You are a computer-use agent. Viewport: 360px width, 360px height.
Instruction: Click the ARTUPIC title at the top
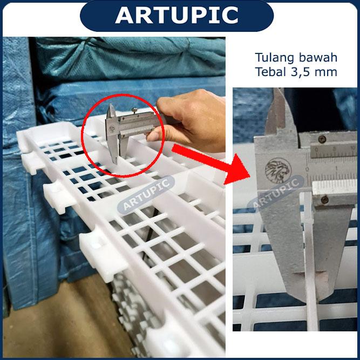click(x=176, y=15)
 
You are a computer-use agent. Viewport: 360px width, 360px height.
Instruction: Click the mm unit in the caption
click(x=326, y=73)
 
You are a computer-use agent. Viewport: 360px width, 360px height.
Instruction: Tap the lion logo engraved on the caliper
click(x=279, y=171)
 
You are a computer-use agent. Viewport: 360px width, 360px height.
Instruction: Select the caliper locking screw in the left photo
click(x=133, y=110)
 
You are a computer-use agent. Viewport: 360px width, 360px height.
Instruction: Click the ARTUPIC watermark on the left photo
click(x=146, y=195)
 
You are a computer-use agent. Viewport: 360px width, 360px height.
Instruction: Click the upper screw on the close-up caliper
click(x=322, y=139)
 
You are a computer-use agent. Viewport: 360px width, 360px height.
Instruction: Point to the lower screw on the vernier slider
click(x=324, y=200)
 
